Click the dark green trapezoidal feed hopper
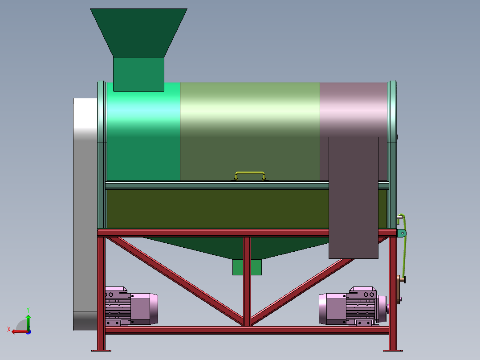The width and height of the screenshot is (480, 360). [138, 33]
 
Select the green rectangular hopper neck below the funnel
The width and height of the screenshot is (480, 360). [138, 74]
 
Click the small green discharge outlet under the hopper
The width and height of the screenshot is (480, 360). [247, 267]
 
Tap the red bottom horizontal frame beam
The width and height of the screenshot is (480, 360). [247, 330]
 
